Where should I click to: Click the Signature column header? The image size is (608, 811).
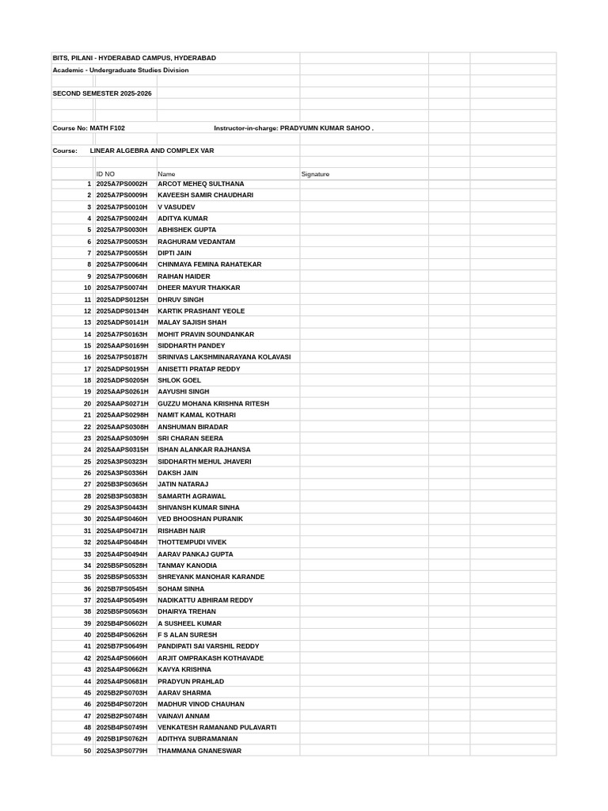pyautogui.click(x=315, y=174)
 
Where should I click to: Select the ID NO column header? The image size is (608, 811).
pyautogui.click(x=105, y=174)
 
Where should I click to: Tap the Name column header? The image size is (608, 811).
pyautogui.click(x=166, y=174)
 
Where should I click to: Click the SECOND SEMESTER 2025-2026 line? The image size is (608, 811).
pyautogui.click(x=102, y=93)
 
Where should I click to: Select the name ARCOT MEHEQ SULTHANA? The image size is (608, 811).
pyautogui.click(x=201, y=184)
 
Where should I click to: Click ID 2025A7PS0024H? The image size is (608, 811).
pyautogui.click(x=122, y=219)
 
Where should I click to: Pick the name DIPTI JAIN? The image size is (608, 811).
pyautogui.click(x=175, y=253)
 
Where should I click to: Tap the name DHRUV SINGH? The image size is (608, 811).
pyautogui.click(x=180, y=300)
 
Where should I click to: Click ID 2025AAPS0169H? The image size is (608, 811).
pyautogui.click(x=122, y=346)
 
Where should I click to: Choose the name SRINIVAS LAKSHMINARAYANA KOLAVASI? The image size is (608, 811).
pyautogui.click(x=224, y=357)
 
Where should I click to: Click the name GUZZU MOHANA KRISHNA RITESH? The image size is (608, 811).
pyautogui.click(x=214, y=404)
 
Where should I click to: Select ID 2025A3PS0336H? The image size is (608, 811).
pyautogui.click(x=122, y=473)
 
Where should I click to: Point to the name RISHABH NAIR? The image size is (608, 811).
pyautogui.click(x=182, y=531)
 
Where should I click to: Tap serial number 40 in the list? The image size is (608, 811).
pyautogui.click(x=87, y=635)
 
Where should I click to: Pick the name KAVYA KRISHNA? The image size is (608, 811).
pyautogui.click(x=184, y=670)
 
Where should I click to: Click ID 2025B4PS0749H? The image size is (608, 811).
pyautogui.click(x=122, y=727)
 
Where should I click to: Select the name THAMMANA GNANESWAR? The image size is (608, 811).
pyautogui.click(x=199, y=751)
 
